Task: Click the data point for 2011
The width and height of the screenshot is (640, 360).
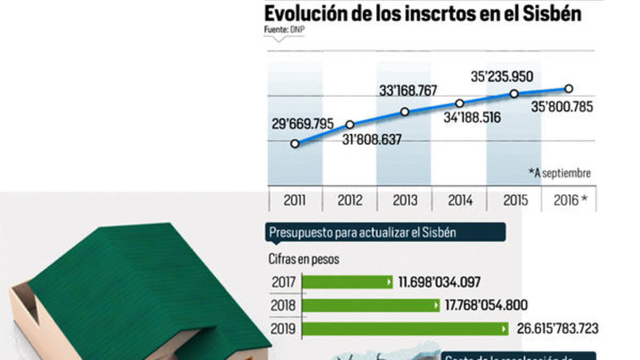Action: [295, 143]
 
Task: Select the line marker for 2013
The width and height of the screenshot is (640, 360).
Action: [405, 112]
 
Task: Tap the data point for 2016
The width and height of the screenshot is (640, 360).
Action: [569, 89]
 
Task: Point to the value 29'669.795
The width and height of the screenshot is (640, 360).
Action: [302, 124]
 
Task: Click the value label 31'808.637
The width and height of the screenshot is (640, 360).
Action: [371, 140]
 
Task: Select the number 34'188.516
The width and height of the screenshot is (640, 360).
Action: [472, 118]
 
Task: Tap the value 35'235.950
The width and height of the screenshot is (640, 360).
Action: [502, 77]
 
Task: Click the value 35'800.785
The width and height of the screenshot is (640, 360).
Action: [562, 107]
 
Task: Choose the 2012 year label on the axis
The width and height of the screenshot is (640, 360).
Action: [350, 201]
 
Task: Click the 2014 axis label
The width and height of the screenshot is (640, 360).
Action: [460, 201]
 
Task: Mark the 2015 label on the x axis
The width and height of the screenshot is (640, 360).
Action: [515, 201]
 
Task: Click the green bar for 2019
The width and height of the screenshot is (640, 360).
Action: [405, 329]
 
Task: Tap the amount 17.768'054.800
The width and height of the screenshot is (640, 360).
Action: [486, 306]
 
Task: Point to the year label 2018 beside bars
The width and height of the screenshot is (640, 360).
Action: [283, 306]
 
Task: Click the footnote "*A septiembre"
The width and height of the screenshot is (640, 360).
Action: [559, 173]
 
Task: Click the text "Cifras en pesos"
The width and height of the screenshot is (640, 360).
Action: [303, 260]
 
